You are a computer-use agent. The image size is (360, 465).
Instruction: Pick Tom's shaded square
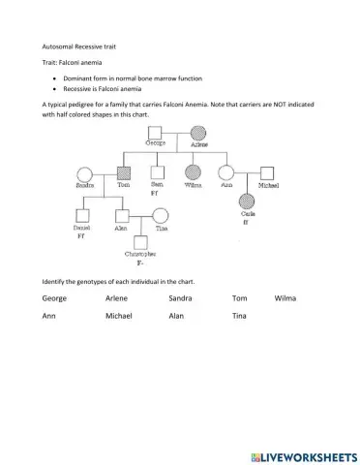click(x=123, y=173)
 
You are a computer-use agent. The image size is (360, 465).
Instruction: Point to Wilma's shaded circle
click(x=193, y=173)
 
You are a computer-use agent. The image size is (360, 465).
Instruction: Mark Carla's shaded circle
click(x=248, y=201)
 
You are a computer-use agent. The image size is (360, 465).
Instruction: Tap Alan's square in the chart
click(x=122, y=216)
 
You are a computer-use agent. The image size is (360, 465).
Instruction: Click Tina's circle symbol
click(x=161, y=216)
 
